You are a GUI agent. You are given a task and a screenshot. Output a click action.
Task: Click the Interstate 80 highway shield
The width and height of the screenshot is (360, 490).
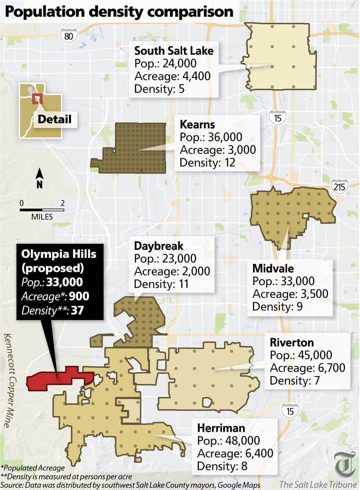69,36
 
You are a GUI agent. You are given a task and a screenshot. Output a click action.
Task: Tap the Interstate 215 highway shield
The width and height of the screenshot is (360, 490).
339,186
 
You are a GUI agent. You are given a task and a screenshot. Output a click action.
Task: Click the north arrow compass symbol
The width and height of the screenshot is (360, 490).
39,178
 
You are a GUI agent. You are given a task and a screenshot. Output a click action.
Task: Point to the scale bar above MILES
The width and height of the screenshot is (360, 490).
42,210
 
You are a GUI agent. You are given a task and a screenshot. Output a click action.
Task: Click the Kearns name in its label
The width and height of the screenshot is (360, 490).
197,124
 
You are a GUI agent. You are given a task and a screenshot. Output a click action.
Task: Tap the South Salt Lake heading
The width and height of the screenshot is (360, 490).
174,50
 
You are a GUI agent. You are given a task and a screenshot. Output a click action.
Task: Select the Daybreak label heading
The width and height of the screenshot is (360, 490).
158,246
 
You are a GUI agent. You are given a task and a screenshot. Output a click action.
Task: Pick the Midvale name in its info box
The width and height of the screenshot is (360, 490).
273,268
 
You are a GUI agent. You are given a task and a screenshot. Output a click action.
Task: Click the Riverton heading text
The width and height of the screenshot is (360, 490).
292,342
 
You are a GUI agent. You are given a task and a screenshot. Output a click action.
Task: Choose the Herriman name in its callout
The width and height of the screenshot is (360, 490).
221,428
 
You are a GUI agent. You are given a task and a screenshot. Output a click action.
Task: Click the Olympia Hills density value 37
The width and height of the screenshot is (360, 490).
77,310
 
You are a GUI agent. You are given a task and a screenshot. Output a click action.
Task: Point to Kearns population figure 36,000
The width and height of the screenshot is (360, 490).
225,137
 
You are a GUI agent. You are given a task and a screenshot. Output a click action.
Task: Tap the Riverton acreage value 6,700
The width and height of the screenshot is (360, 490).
331,367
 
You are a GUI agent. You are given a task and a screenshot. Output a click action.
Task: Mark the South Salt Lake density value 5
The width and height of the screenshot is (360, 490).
181,89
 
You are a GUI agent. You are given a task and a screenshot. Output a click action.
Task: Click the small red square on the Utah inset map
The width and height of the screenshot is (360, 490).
37,99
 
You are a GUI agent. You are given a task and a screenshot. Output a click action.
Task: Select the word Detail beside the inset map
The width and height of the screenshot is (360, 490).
55,119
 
